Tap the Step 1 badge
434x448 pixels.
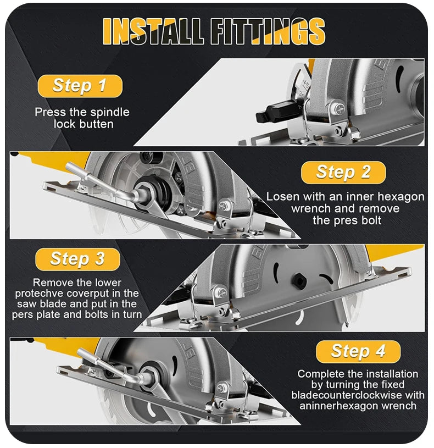[79, 85]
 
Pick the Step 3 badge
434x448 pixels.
[77, 259]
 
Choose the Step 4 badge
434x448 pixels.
[358, 351]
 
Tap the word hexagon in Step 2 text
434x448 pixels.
[404, 197]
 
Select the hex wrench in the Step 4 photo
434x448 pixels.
[110, 363]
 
